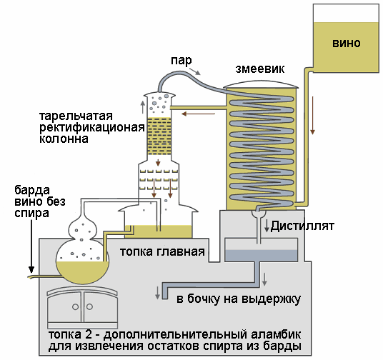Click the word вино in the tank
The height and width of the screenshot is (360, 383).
pos(347,44)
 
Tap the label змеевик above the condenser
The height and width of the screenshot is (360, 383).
pos(260,69)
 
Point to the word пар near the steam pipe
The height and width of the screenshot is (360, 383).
pos(181,60)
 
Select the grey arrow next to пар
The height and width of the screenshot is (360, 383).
pos(195,71)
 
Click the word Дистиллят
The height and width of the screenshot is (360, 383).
pos(302,226)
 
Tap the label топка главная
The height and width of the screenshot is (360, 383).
pos(162,251)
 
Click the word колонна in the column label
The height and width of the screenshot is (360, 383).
pos(64,139)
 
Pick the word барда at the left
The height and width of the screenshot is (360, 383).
pos(32,190)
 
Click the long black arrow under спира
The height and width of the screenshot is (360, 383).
pos(31,246)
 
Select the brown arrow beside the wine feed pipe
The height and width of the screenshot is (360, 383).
pos(312,115)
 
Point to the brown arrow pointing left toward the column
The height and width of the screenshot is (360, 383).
pos(198,114)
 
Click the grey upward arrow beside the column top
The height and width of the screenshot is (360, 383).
pos(143,107)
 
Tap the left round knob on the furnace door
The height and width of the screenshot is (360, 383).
pos(75,306)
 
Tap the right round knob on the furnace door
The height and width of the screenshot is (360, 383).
pos(89,306)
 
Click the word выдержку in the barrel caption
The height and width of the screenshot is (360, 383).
pos(271,299)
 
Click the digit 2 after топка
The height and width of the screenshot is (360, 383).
pos(89,334)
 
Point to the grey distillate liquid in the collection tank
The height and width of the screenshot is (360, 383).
pos(261,256)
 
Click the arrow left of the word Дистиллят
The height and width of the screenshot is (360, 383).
pos(267,226)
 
